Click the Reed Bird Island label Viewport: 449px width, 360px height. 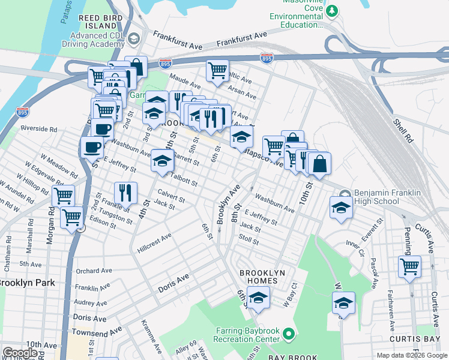pos(100,22)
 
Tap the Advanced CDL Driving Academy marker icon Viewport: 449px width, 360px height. pos(134,39)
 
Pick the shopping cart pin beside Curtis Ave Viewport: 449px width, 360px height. pos(409,265)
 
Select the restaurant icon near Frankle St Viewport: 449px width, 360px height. pos(125,192)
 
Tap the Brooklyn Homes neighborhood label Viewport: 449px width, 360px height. pos(262,277)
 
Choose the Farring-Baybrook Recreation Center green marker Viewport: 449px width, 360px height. pos(289,334)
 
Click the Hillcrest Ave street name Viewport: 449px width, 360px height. pos(154,243)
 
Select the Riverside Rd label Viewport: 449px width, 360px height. pos(38,128)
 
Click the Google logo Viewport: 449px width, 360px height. pos(20,353)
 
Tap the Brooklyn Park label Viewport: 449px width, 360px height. pos(28,283)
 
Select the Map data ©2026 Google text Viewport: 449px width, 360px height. pos(412,355)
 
